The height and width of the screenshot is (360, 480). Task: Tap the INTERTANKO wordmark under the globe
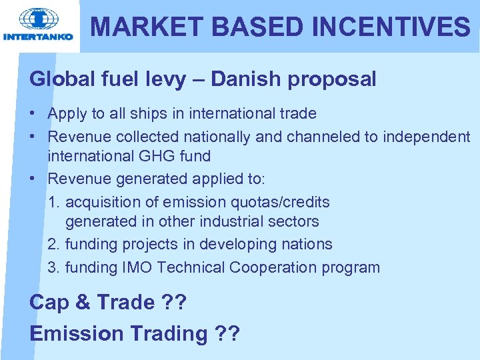click(x=39, y=37)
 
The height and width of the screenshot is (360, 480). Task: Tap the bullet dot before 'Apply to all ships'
click(x=33, y=114)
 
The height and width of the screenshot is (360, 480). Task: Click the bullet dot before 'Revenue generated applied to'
click(x=33, y=179)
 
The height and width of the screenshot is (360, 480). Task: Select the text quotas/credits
click(x=277, y=202)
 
